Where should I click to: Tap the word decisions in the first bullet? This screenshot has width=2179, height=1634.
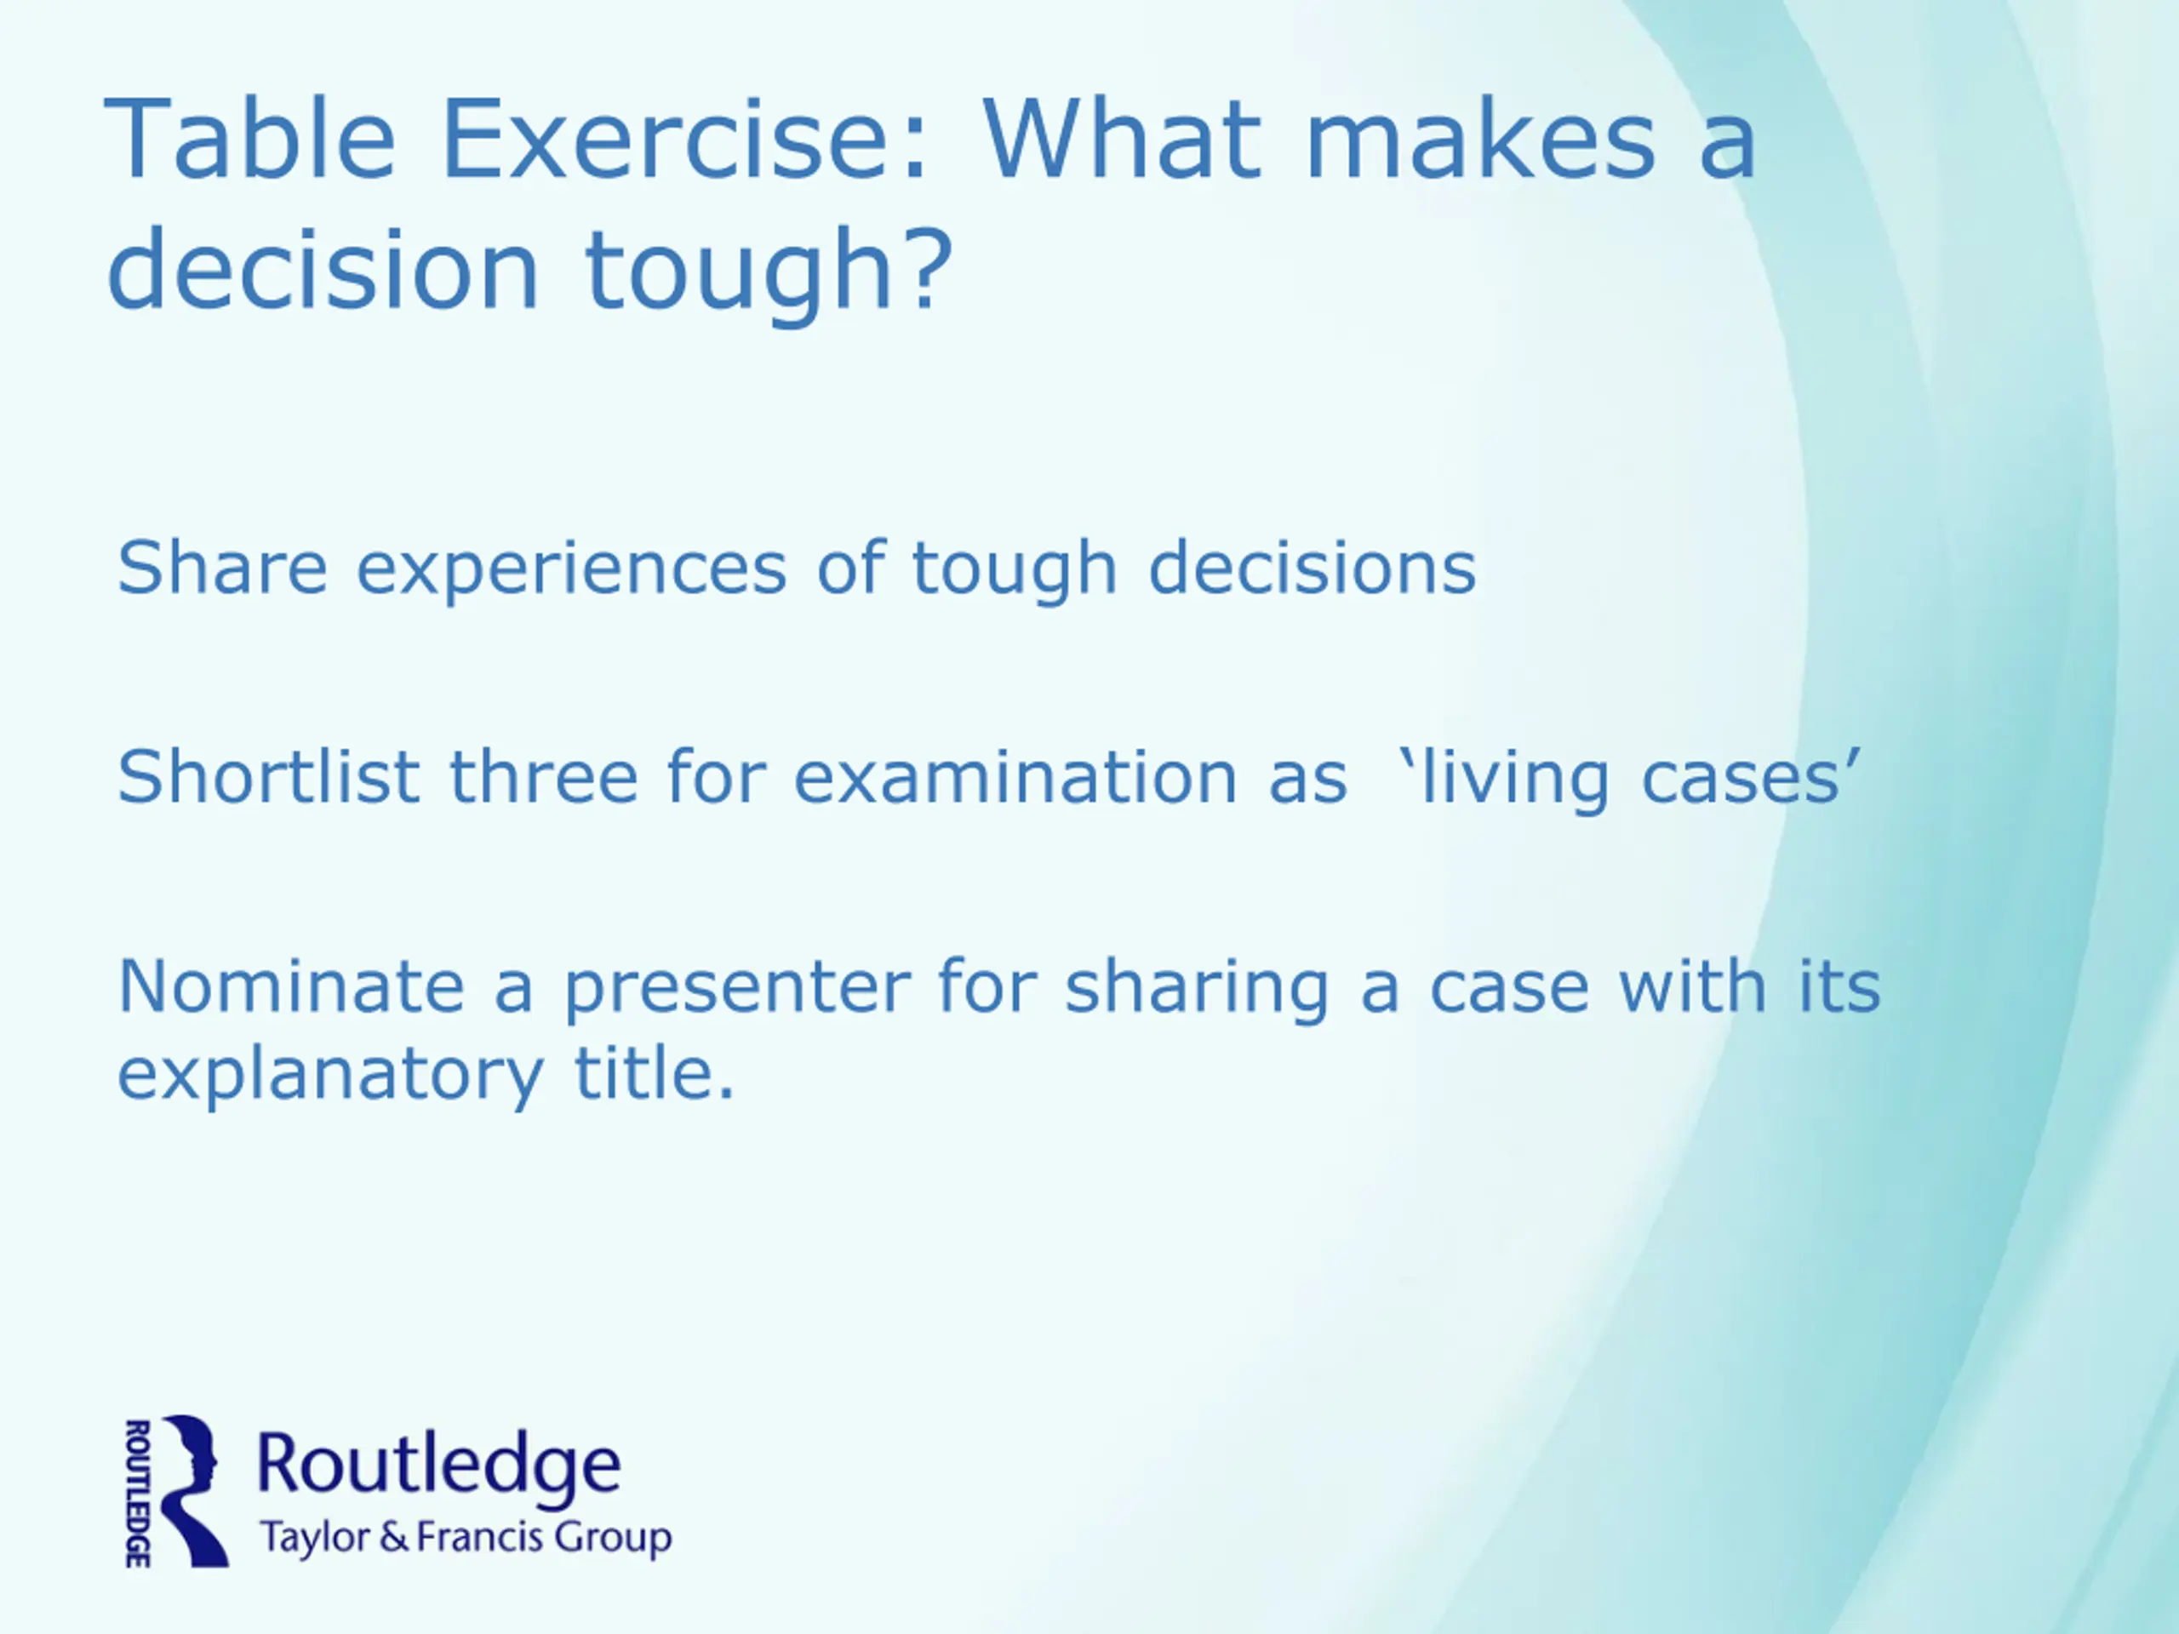pos(1313,568)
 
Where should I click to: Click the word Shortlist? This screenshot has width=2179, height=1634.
pos(269,777)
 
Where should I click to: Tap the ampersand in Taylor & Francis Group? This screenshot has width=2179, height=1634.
pos(393,1538)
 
